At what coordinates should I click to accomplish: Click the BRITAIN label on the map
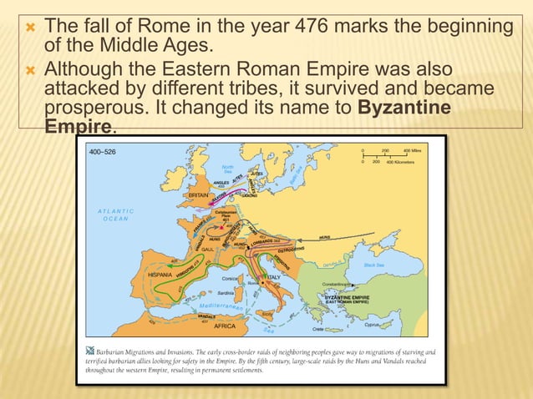pyautogui.click(x=198, y=194)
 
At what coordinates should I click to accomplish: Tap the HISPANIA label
pyautogui.click(x=160, y=274)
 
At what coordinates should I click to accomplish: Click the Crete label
pyautogui.click(x=343, y=330)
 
